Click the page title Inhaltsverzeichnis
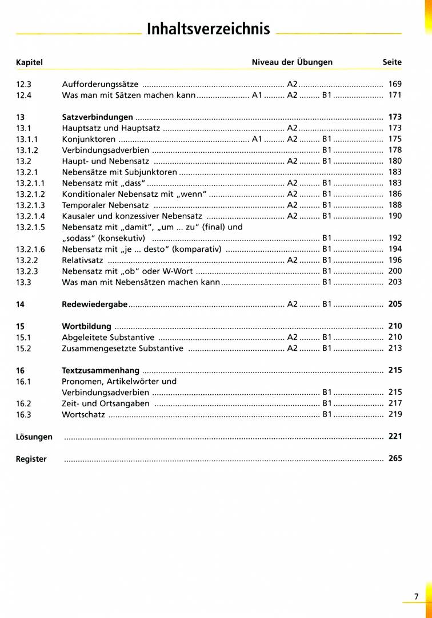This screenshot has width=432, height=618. click(209, 29)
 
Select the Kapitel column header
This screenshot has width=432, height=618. click(29, 62)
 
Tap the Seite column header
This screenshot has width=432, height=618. click(392, 62)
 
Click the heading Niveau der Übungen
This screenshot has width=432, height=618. click(292, 62)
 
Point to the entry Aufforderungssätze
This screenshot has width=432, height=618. click(100, 84)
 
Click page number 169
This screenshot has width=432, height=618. click(395, 84)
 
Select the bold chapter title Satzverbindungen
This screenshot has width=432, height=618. click(97, 117)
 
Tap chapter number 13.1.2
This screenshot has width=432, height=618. click(27, 150)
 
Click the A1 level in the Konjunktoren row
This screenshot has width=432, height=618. click(257, 139)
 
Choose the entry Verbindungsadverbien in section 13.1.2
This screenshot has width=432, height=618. click(106, 150)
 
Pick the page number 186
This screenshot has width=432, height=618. click(395, 194)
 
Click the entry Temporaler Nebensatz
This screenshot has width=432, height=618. click(105, 205)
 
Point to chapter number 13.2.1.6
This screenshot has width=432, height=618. click(30, 249)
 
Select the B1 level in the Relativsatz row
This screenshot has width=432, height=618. click(327, 260)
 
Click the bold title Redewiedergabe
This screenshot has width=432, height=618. click(94, 304)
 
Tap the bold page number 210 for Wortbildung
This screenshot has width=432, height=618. click(395, 326)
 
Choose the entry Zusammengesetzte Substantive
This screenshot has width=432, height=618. click(122, 348)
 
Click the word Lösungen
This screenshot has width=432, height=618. click(34, 437)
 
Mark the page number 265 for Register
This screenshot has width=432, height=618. click(395, 458)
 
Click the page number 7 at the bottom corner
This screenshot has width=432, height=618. click(416, 596)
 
